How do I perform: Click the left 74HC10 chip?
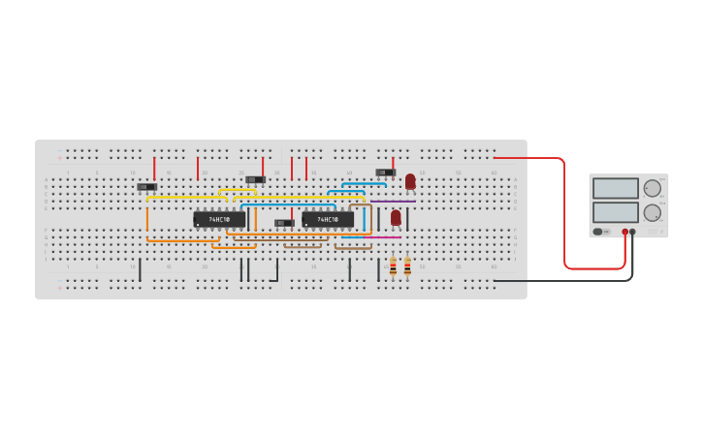tap(219, 220)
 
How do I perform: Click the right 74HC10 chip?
tap(328, 220)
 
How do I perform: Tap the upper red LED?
tap(410, 181)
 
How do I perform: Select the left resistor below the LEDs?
tap(393, 267)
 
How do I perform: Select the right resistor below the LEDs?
tap(407, 267)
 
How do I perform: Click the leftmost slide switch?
tap(147, 187)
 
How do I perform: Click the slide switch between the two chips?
tap(284, 223)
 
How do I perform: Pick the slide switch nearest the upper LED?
tap(385, 172)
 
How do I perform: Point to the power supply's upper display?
tap(615, 188)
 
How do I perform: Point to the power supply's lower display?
tap(615, 211)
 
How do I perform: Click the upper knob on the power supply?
tap(653, 188)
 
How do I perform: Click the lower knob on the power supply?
tap(653, 212)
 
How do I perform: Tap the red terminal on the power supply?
tap(625, 232)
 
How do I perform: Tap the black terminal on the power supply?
tap(633, 232)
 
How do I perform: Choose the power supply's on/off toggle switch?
tap(598, 232)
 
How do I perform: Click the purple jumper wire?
tap(393, 202)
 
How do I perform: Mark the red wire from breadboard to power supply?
tap(564, 213)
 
